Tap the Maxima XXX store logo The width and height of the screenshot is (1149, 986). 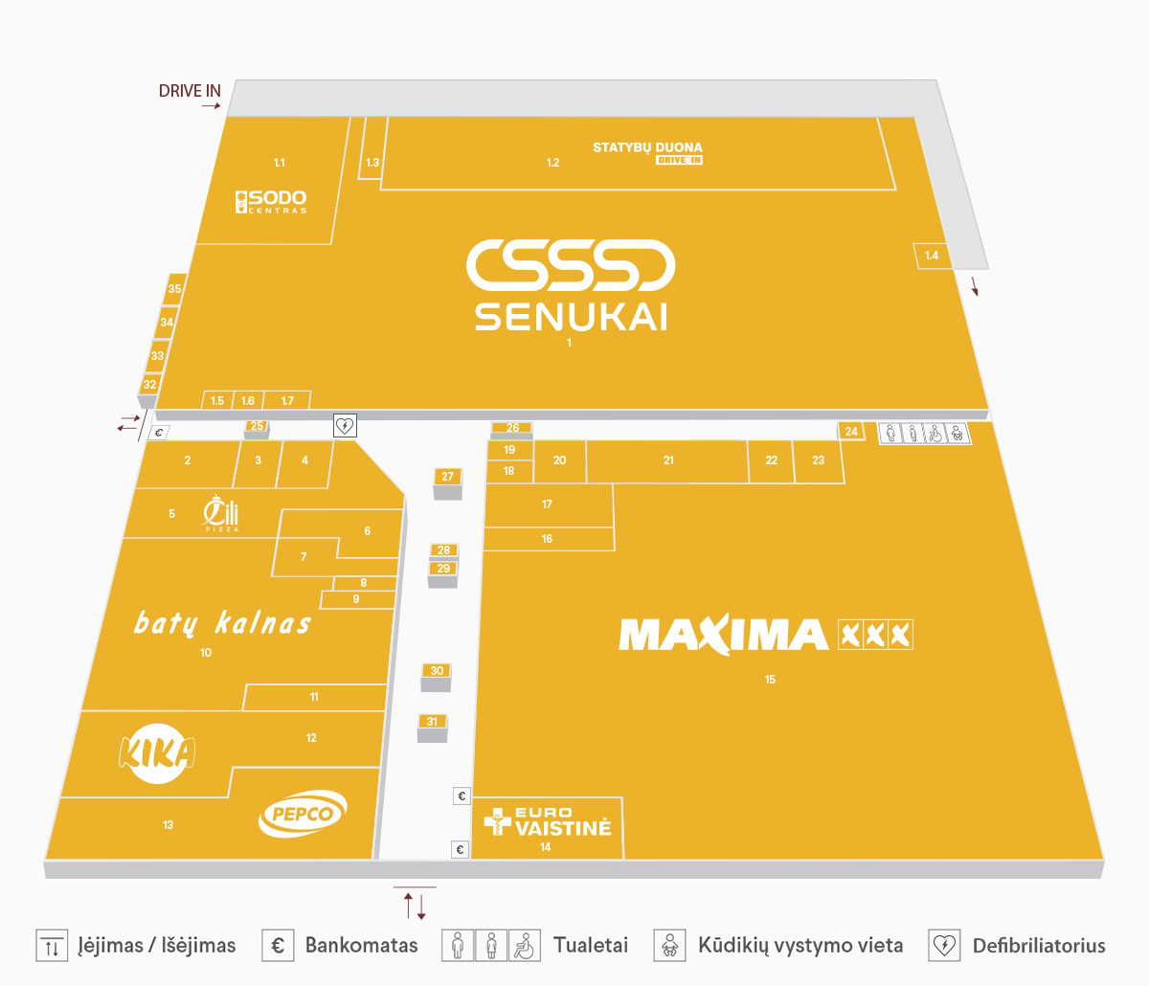765,635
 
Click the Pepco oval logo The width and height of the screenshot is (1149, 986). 303,815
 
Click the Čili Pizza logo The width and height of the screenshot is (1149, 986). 220,513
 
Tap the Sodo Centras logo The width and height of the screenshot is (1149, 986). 272,201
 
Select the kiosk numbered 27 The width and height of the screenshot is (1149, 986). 448,477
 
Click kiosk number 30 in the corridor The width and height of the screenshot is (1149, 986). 437,671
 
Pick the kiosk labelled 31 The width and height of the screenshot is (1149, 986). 432,722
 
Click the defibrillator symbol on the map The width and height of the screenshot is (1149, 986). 345,426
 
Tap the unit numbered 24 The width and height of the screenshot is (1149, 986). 851,432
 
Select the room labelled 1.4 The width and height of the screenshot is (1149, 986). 932,256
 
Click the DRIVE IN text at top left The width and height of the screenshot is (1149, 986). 190,91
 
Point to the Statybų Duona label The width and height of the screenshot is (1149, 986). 647,148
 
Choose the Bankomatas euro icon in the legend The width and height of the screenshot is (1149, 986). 278,946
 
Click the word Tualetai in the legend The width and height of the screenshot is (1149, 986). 591,946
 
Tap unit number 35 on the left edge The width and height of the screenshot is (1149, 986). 174,289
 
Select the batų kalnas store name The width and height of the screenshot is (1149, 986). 222,623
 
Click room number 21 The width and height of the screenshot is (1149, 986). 668,460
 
